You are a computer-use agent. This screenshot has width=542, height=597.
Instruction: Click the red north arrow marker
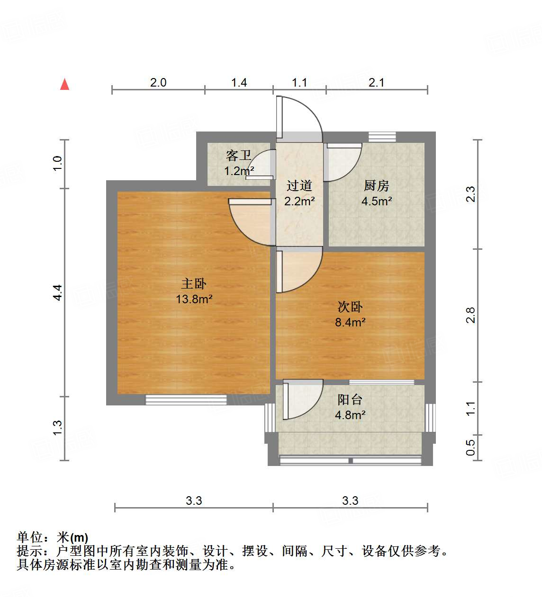[65, 85]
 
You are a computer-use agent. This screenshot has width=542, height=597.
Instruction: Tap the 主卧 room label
[194, 283]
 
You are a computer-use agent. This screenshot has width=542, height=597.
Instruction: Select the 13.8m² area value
[194, 299]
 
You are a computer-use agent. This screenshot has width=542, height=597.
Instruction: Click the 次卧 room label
[350, 307]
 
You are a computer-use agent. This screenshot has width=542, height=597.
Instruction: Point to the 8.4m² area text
[350, 323]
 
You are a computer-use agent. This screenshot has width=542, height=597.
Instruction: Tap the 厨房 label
[377, 185]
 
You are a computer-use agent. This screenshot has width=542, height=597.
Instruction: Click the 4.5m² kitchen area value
[377, 201]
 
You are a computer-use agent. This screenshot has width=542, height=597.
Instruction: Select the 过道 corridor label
[299, 185]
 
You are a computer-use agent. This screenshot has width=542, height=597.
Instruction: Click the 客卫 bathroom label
[238, 155]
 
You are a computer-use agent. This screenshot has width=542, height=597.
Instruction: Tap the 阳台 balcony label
[350, 400]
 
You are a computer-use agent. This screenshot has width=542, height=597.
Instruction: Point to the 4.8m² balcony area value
[350, 415]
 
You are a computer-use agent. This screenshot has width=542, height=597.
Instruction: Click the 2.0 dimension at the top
[158, 83]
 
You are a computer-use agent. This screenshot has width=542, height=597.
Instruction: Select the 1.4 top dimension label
[239, 83]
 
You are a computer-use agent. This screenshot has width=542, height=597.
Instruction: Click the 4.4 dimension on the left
[57, 292]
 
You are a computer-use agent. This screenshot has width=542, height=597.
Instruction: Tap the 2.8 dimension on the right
[470, 316]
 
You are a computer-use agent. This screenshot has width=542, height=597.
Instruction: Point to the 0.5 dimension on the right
[470, 448]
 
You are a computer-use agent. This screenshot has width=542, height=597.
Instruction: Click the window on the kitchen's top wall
[382, 137]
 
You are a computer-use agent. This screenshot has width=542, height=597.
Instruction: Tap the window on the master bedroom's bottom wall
[186, 400]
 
